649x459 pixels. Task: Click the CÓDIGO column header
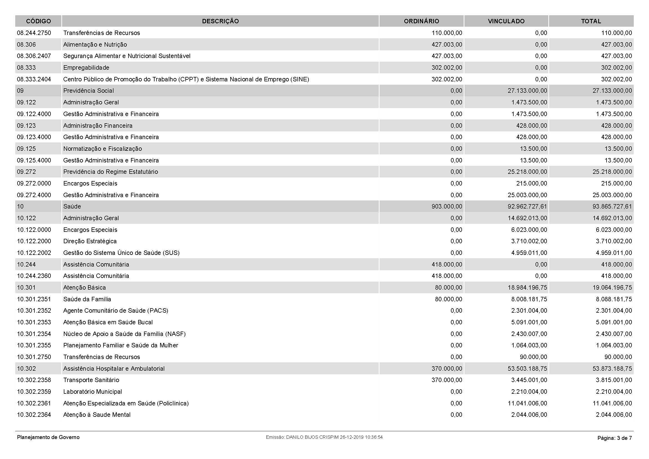pos(39,21)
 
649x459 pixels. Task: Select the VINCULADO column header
pos(506,21)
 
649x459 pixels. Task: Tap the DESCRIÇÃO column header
pos(220,21)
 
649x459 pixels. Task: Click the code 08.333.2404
pos(34,79)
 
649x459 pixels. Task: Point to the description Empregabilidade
pos(86,67)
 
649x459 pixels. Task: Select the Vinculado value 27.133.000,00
pos(527,91)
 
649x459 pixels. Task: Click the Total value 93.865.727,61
pos(612,206)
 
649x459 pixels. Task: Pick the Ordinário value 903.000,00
pos(447,206)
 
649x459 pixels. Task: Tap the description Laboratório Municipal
pos(92,392)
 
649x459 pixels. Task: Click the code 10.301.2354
pos(34,334)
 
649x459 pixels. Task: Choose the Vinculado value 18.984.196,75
pos(527,288)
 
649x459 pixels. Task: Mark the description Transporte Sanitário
pos(91,380)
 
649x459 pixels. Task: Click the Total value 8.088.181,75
pos(614,299)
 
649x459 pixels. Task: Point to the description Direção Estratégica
pos(90,241)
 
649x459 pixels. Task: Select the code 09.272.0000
pos(34,183)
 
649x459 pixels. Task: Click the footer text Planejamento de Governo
pos(48,437)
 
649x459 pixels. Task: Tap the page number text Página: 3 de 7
pos(615,438)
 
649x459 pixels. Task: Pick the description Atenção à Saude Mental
pos(97,415)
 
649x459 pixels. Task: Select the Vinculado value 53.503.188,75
pos(527,368)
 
